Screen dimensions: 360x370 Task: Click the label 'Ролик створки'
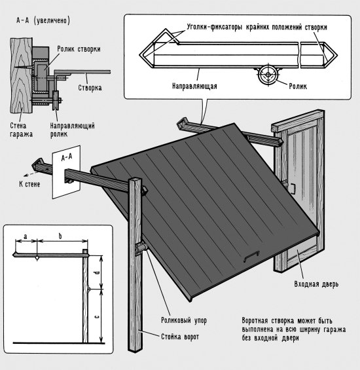79,49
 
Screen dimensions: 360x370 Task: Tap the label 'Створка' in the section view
90,88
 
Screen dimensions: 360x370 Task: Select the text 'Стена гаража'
21,130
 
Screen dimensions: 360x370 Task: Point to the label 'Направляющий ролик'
72,130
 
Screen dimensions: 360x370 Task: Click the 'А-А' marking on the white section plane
67,157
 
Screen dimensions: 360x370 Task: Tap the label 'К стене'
29,184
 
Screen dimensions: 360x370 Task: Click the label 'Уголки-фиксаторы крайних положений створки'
257,27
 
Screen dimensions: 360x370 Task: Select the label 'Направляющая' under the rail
194,86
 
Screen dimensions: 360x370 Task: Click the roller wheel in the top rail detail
268,75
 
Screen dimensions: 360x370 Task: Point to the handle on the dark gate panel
251,255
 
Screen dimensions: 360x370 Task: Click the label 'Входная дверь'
316,284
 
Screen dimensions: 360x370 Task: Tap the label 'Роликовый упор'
184,320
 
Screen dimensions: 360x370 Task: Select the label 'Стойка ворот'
180,337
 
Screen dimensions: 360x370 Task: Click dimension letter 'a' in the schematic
26,236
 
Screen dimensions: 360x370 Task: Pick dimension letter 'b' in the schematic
60,236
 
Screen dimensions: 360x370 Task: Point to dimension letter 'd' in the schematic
96,272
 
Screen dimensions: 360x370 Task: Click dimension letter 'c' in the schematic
97,317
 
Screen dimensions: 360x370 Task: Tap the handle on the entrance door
293,189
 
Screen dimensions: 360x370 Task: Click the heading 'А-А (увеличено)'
43,20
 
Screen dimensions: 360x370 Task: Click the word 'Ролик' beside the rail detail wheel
298,86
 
